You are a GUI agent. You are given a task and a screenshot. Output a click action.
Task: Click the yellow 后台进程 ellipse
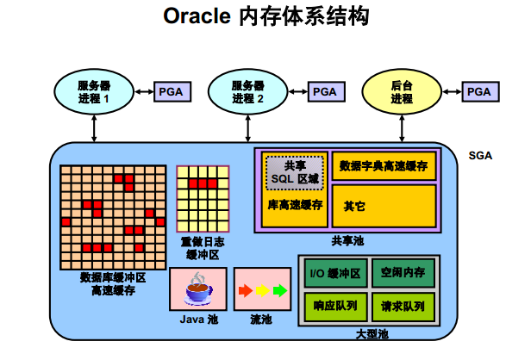402,91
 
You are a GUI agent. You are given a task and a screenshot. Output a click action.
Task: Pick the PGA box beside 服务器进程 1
171,91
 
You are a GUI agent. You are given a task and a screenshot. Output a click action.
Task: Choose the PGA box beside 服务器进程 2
324,91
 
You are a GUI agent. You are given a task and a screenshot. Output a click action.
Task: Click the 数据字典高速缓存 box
384,165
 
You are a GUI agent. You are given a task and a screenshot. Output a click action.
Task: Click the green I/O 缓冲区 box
335,274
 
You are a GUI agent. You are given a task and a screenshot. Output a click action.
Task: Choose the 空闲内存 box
403,274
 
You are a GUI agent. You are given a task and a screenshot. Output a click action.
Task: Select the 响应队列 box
335,305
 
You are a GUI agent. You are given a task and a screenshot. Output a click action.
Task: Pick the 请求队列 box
403,305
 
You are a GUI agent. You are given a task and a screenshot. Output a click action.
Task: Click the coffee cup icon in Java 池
198,289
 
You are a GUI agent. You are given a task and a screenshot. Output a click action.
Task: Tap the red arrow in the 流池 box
244,290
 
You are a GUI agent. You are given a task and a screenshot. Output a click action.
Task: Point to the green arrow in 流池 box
279,290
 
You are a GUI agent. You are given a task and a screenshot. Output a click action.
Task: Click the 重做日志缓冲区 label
203,248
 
